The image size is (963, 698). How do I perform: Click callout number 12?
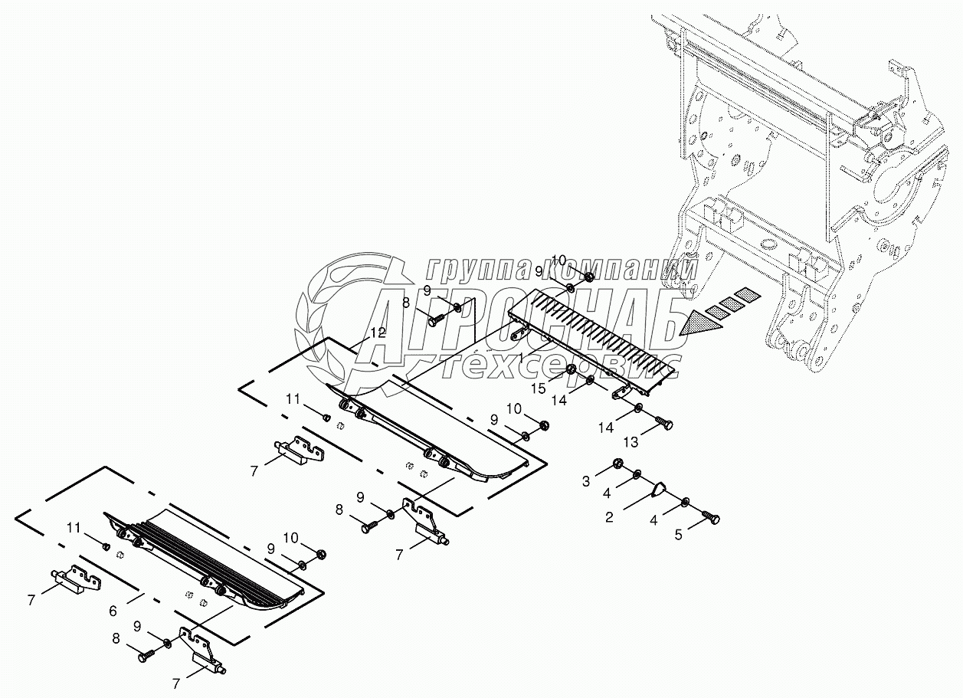point(377,333)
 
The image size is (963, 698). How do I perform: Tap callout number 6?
point(113,611)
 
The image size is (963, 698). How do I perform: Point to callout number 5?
point(678,535)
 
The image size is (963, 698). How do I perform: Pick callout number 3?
point(586,481)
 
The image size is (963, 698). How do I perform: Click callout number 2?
point(609,517)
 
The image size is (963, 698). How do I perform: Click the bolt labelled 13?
point(664,423)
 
